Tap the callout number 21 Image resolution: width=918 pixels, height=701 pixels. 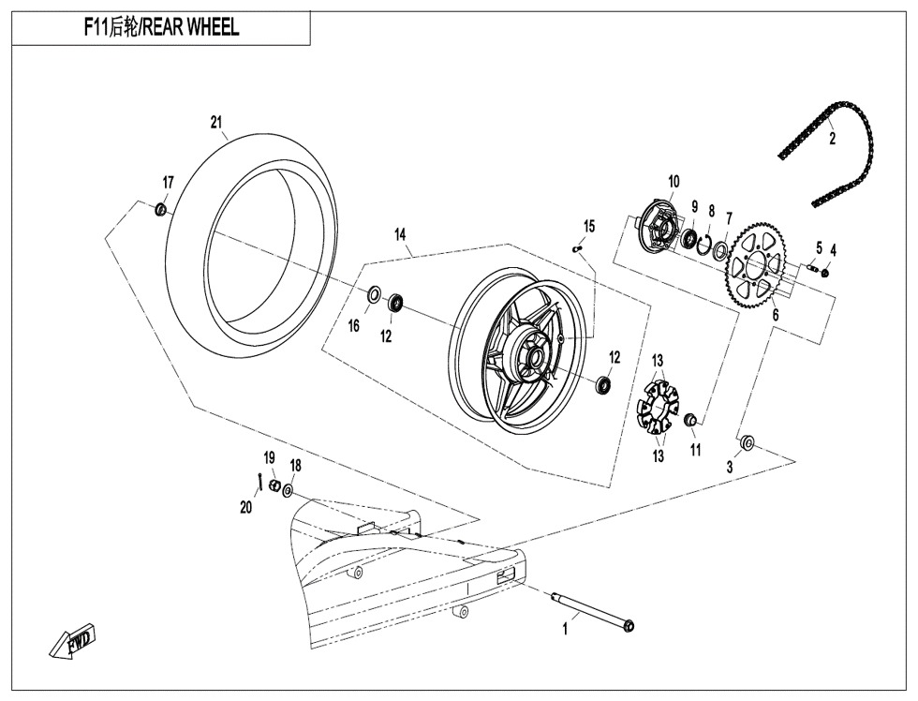pos(216,122)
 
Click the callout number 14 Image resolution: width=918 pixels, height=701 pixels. pos(400,234)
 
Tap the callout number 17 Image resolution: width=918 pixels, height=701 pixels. pos(168,182)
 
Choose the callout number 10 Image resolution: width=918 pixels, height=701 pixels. pos(674,181)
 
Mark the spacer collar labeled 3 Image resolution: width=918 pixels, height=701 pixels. pos(748,440)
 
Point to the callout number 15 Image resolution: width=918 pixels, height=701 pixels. pos(589,226)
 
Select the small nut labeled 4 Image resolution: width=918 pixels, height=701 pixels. pos(825,273)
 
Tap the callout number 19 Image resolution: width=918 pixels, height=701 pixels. pos(269,457)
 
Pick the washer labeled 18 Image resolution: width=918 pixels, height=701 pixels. pos(288,489)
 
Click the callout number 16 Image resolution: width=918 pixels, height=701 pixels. pos(354,325)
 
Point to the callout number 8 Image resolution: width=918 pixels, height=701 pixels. pos(712,211)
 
